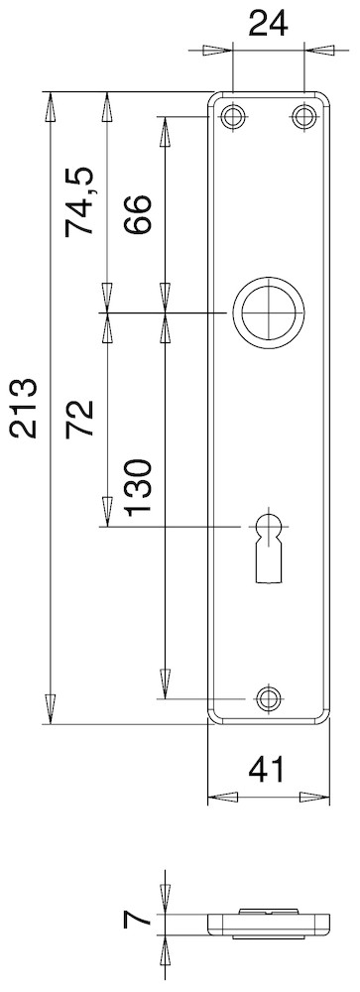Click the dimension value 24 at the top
pos(268,25)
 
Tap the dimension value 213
pos(24,408)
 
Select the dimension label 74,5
pos(79,201)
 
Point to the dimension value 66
pos(138,214)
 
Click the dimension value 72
pos(79,419)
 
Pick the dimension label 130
pos(138,488)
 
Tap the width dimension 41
pos(267,769)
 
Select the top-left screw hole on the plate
pos(233,117)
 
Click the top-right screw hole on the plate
pos(304,117)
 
